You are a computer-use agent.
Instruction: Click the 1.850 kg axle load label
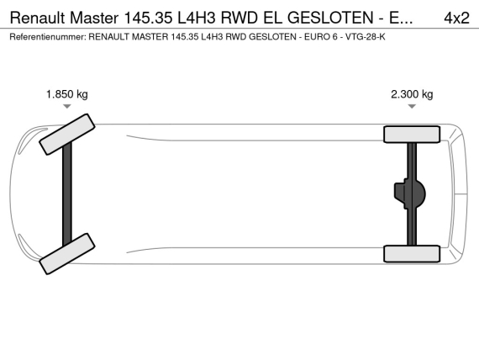point(67,94)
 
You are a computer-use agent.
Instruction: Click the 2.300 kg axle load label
point(412,94)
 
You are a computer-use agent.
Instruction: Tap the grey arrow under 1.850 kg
point(67,106)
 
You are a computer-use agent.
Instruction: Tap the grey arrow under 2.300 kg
point(412,106)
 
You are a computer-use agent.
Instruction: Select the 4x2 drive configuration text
point(456,18)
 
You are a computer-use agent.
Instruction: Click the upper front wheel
point(67,135)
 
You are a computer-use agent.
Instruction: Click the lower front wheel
point(67,253)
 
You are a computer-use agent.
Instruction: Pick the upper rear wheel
point(412,135)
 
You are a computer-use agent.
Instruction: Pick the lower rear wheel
point(412,253)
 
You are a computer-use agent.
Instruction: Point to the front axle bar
point(67,194)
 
